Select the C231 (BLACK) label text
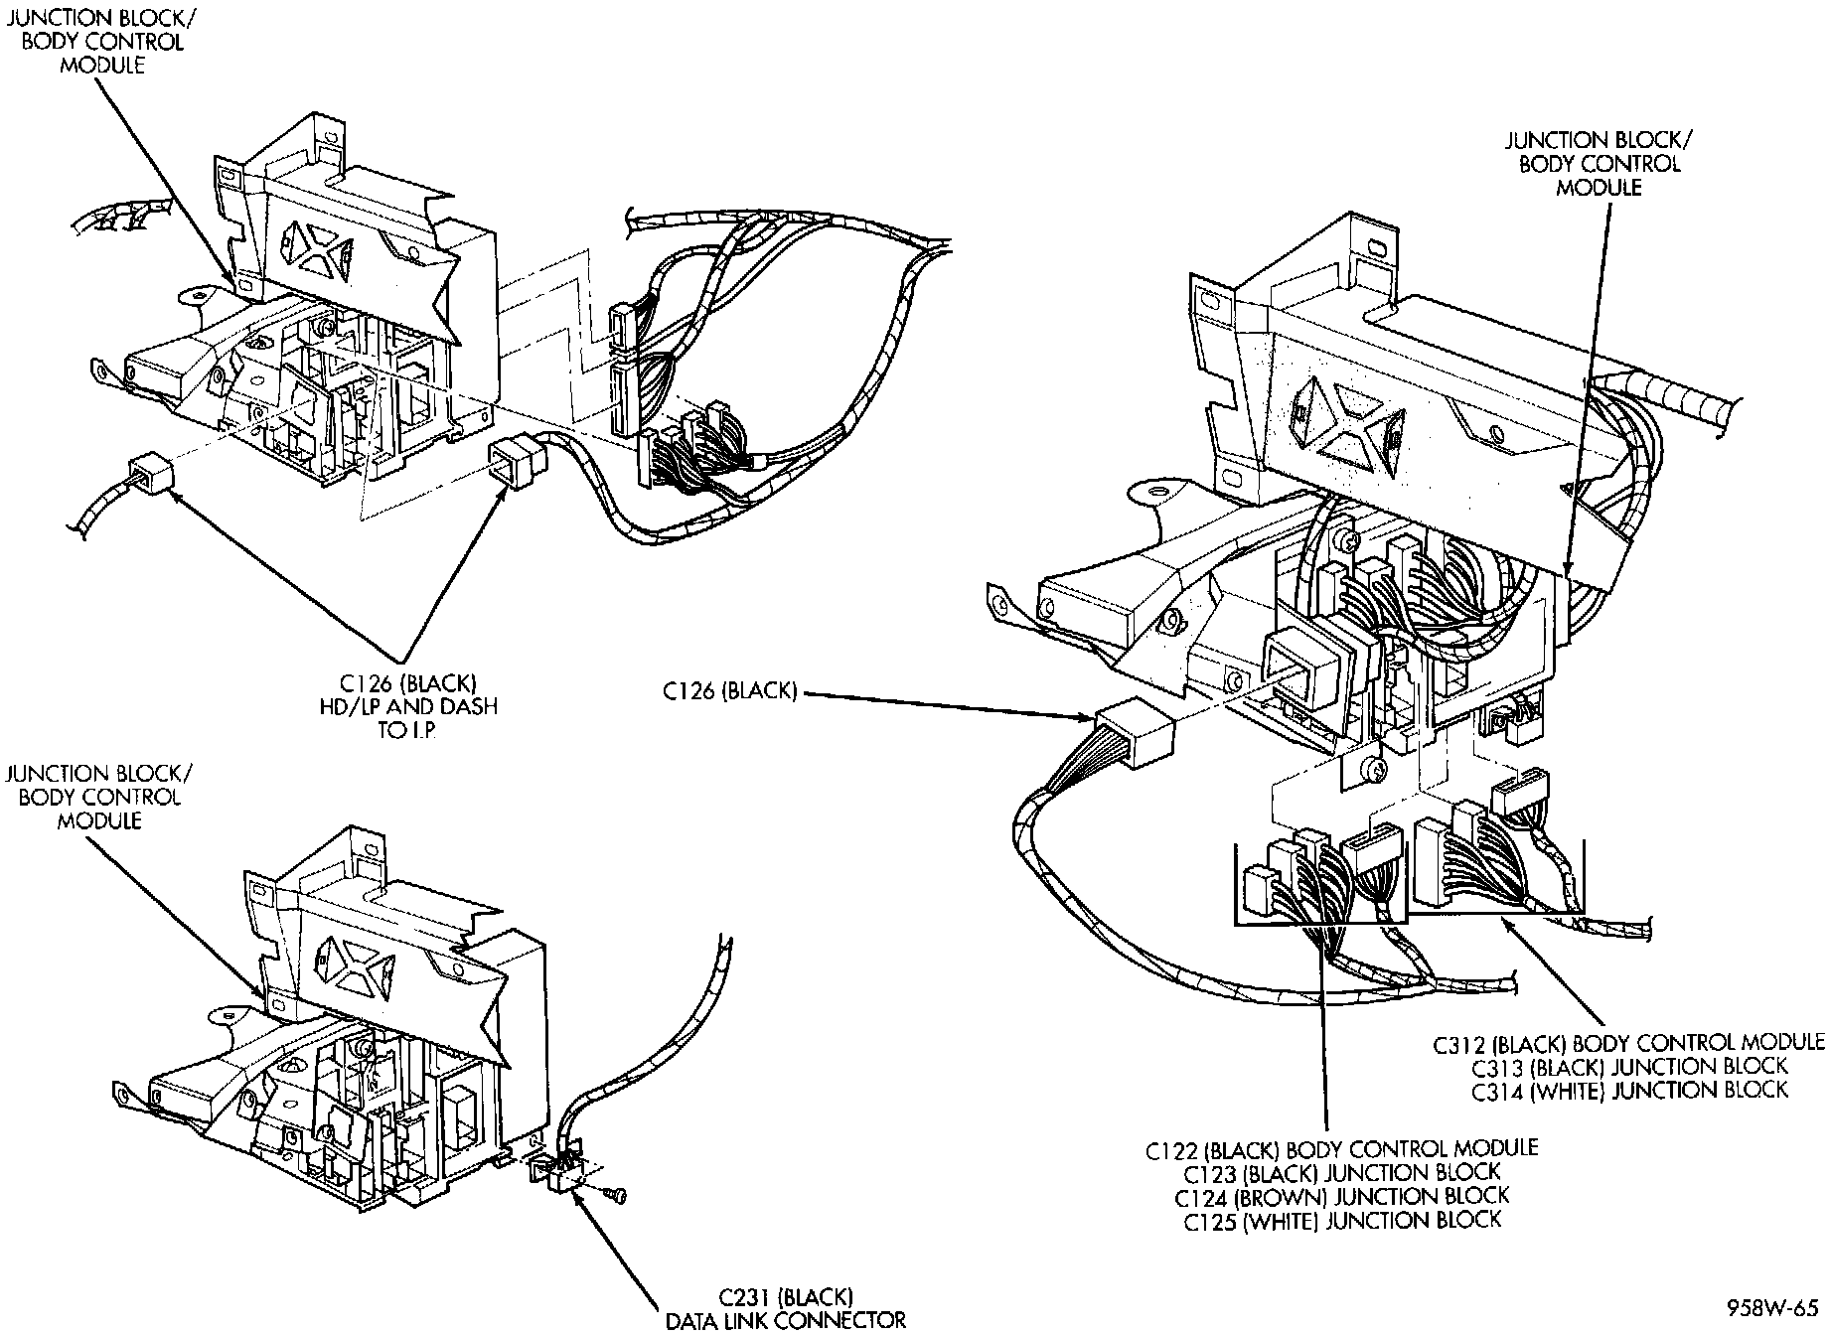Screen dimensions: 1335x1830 [x=785, y=1297]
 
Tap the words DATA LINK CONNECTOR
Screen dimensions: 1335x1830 [x=785, y=1320]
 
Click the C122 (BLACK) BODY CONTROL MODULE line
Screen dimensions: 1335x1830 [x=1341, y=1149]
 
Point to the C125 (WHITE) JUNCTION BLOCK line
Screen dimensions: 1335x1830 [x=1341, y=1220]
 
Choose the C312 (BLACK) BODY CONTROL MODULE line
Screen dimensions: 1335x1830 [x=1628, y=1043]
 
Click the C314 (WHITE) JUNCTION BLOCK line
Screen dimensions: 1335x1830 [x=1628, y=1090]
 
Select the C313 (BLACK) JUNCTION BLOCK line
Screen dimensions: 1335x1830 [x=1628, y=1067]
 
